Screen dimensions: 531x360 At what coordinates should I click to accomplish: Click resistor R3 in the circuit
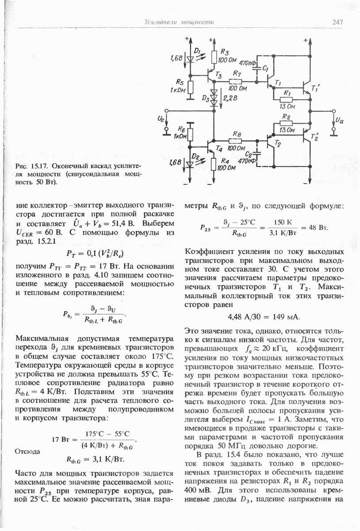[x=214, y=57]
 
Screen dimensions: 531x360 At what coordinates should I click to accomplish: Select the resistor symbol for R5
[x=191, y=87]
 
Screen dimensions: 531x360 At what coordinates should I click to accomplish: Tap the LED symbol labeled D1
[x=191, y=58]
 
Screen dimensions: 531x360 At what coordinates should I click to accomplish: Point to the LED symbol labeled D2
[x=191, y=163]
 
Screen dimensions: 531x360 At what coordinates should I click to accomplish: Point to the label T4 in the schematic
[x=219, y=149]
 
